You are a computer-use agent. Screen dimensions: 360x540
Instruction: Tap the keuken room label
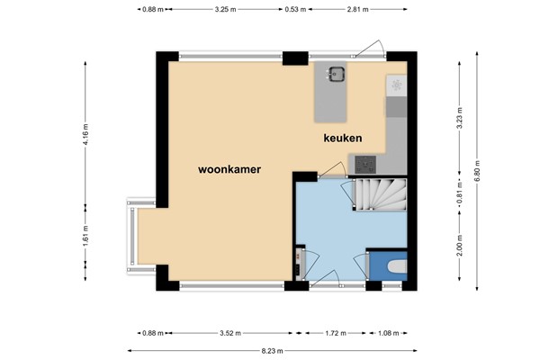343,138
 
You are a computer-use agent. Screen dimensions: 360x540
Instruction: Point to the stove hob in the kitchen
366,164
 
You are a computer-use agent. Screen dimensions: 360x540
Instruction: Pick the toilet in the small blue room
394,267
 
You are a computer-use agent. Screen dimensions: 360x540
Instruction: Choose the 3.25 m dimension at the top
226,10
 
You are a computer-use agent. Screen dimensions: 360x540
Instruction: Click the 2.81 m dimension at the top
357,10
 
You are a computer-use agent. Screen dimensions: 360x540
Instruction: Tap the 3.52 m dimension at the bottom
233,334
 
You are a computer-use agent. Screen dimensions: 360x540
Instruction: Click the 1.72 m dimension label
334,334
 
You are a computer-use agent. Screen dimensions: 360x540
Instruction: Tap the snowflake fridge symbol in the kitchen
396,85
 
